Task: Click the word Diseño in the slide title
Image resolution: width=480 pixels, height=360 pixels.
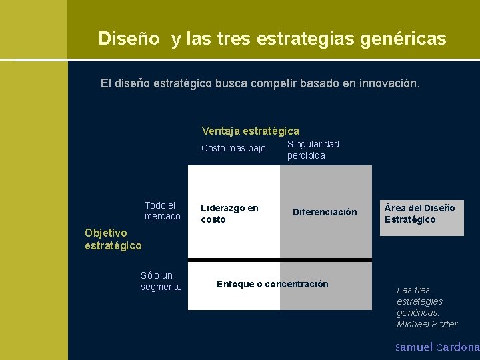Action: coord(129,39)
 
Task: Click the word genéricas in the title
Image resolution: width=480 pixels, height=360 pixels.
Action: coord(403,39)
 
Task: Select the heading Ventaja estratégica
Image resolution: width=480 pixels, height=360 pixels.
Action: coord(250,131)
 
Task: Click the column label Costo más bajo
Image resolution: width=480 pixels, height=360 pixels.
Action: coord(233,148)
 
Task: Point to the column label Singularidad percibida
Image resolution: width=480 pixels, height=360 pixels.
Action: coord(313,149)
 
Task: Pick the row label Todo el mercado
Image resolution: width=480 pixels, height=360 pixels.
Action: coord(162,211)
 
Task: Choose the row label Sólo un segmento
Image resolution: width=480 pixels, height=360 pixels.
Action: coord(161,281)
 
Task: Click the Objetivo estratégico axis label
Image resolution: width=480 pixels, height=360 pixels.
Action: coord(113,239)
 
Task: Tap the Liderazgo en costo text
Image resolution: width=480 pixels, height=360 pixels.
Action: coord(229,213)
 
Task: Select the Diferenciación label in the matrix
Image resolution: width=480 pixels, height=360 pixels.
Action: coord(325,212)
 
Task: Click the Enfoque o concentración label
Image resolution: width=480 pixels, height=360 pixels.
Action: coord(272,284)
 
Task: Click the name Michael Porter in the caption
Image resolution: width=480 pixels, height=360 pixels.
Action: coord(427,324)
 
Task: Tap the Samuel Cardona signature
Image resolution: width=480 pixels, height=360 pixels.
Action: coord(437,347)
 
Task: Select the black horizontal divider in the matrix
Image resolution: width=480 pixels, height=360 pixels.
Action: coord(279,259)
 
